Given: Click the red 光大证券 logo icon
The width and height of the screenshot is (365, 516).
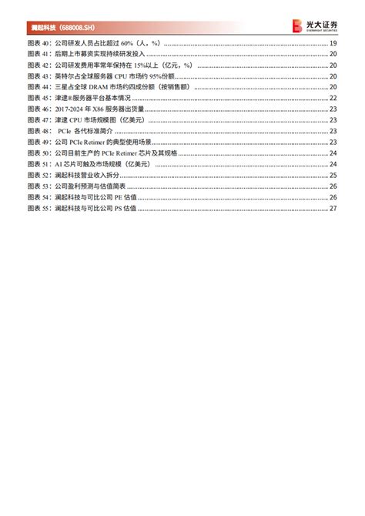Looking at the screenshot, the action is click(x=297, y=26).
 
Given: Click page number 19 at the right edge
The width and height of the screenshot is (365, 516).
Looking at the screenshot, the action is click(x=333, y=43).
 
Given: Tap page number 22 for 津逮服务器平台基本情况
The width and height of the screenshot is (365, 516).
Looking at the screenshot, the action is click(x=333, y=98).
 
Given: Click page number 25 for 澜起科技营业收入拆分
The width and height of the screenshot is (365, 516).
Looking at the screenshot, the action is click(x=333, y=175).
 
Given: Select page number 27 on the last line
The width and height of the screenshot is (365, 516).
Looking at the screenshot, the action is click(x=333, y=208).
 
